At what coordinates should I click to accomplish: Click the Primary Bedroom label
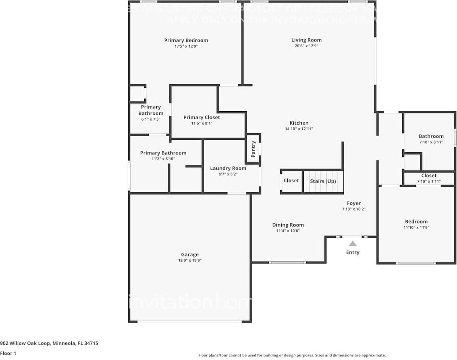tap(186, 40)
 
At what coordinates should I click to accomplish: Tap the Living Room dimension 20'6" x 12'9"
tap(306, 46)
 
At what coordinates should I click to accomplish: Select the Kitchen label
tap(299, 123)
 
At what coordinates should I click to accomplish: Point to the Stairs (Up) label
tap(323, 181)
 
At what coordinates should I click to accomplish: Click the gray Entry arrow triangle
tap(353, 243)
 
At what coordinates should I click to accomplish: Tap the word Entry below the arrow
tap(353, 252)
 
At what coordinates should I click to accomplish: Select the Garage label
tap(189, 254)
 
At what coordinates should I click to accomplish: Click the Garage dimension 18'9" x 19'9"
tap(189, 260)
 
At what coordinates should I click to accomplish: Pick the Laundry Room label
tap(228, 168)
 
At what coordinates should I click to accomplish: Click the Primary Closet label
tap(201, 117)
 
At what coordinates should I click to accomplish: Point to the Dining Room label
tap(288, 225)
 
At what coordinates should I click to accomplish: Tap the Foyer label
tap(353, 203)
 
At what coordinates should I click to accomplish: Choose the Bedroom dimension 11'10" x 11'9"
tap(416, 227)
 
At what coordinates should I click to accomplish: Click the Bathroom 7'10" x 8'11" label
tap(431, 136)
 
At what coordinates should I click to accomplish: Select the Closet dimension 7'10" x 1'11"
tap(429, 181)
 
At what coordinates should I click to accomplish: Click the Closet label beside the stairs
tap(291, 181)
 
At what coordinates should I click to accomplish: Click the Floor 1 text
tap(8, 353)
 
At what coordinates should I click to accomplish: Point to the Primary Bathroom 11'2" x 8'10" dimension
tap(163, 159)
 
